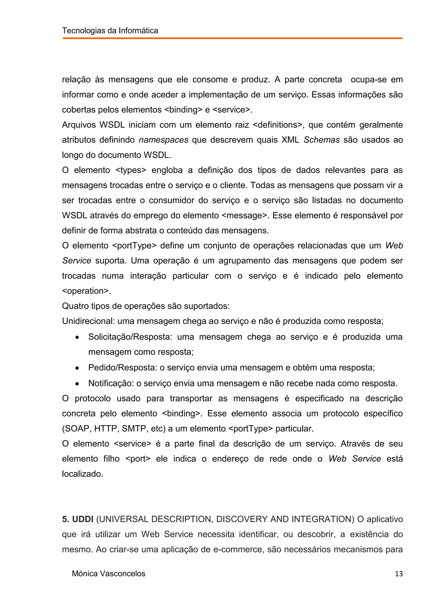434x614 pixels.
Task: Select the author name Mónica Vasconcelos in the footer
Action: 108,574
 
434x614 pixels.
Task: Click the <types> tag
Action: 131,170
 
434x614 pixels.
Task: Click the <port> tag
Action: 138,459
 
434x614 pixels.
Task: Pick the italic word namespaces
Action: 164,140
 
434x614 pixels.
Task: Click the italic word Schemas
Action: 322,140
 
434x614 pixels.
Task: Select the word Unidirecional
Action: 88,321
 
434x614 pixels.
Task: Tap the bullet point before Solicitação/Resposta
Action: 77,338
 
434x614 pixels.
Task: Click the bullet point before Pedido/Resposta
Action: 77,368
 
